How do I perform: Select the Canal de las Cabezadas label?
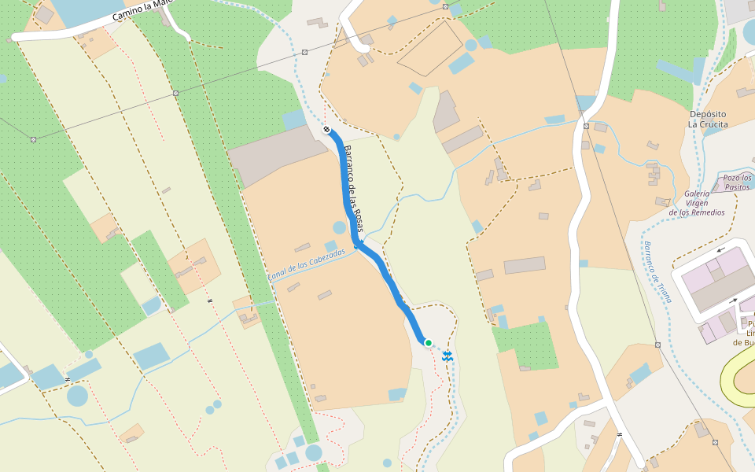(x=306, y=264)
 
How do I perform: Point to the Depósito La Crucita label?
(x=708, y=119)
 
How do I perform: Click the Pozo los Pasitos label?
(x=737, y=183)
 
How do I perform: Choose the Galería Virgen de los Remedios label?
(x=697, y=203)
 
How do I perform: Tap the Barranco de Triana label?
(x=657, y=272)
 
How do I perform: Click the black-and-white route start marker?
(x=326, y=129)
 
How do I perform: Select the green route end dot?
(x=428, y=343)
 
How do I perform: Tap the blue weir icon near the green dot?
(x=447, y=356)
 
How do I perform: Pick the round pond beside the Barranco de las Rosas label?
(x=339, y=228)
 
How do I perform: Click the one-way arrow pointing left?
(x=720, y=251)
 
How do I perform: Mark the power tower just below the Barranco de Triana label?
(x=657, y=345)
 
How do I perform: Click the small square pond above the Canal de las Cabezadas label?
(x=330, y=246)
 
